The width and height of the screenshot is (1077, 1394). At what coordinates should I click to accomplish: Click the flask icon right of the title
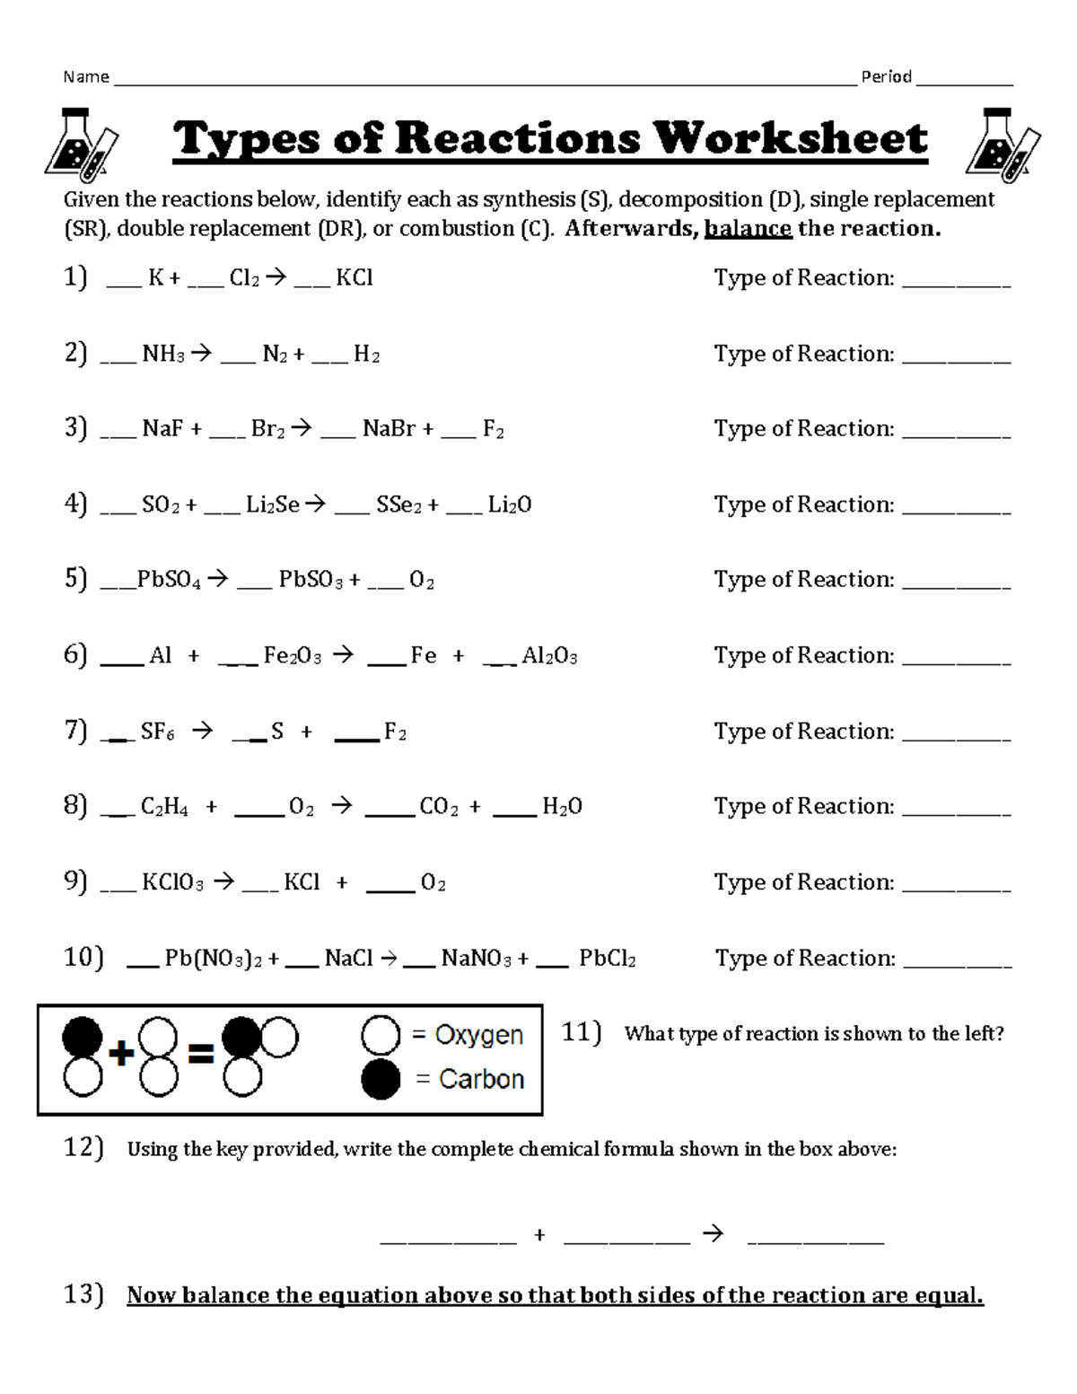[1001, 141]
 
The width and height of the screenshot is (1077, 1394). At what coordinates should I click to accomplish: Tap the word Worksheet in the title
[790, 139]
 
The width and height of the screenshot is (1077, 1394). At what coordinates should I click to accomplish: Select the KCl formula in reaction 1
[354, 278]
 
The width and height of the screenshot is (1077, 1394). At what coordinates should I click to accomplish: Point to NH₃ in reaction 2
[162, 355]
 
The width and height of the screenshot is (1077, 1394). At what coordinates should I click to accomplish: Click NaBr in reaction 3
[389, 429]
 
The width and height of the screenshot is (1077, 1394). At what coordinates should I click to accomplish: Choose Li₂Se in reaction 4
[273, 505]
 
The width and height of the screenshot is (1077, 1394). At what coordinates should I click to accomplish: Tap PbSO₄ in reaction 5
[169, 580]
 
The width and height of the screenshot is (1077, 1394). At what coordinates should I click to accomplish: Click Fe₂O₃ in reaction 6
[293, 656]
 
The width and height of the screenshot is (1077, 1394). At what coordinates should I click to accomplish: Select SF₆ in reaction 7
[157, 732]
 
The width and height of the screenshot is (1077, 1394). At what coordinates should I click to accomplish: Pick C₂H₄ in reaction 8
[164, 807]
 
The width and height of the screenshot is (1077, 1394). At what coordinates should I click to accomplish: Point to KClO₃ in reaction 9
[172, 883]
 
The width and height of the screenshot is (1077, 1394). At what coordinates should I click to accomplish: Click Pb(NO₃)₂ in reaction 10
[213, 960]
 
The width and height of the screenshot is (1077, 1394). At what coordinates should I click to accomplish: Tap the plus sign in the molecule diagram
[120, 1054]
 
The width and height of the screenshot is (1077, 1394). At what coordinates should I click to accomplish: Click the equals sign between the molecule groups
[200, 1054]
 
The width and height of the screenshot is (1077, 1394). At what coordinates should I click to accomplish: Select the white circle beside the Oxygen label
[380, 1035]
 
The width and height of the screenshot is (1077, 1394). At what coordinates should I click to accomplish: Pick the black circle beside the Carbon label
[380, 1079]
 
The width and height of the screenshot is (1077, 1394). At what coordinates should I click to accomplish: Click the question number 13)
[83, 1294]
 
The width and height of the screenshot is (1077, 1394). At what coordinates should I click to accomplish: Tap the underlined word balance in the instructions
[748, 229]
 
